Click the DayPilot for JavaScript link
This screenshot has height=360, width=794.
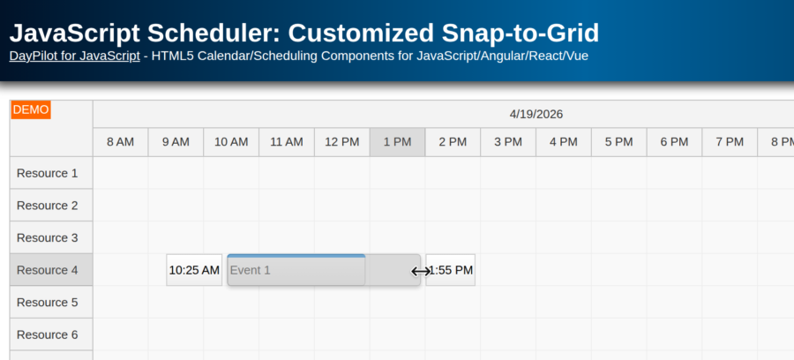point(74,56)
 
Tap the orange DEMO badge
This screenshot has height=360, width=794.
point(31,110)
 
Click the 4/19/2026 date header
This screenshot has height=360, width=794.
point(536,114)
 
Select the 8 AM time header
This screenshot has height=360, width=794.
point(120,142)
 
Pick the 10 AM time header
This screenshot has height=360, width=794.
point(231,142)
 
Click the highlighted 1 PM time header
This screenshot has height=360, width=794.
point(397,142)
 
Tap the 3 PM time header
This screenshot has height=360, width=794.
point(508,142)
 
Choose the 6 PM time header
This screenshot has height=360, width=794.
point(674,142)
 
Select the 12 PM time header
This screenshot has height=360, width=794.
point(342,142)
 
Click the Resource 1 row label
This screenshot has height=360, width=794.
point(48,173)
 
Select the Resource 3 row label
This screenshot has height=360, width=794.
point(48,237)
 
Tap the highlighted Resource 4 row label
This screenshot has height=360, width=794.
point(48,270)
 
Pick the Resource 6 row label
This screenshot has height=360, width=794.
point(48,334)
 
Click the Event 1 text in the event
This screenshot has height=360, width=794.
point(250,270)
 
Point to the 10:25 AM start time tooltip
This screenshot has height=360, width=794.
point(194,270)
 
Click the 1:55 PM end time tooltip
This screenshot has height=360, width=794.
point(451,270)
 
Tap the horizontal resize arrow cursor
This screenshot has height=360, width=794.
point(421,271)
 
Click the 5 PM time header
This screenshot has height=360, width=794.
point(618,142)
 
